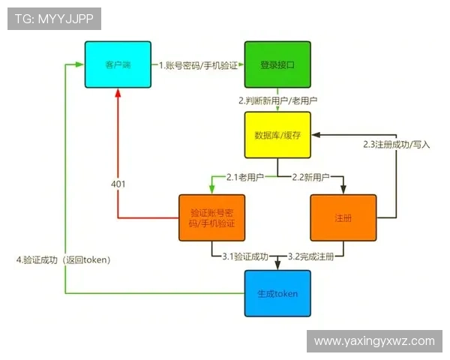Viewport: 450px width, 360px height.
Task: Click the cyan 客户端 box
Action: tap(117, 65)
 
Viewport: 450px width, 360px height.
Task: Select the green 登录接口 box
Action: tap(277, 65)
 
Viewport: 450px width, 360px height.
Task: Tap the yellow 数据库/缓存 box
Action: tap(277, 135)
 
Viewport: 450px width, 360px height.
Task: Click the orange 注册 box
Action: tap(343, 217)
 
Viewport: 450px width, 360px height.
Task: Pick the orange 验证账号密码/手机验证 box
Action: tap(211, 218)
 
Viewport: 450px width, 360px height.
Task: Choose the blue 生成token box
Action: tap(277, 293)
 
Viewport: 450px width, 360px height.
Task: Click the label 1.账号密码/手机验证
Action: tap(198, 65)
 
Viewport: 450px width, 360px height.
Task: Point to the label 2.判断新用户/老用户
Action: tap(278, 100)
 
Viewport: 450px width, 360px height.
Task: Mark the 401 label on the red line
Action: tap(118, 184)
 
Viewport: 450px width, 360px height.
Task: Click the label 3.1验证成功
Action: tap(245, 256)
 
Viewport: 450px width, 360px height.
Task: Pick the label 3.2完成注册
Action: tap(311, 256)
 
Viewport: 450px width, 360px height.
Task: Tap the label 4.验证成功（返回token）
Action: tap(64, 259)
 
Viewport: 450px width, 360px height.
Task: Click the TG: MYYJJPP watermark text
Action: tap(54, 19)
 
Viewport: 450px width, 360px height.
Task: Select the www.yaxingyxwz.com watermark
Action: tap(374, 340)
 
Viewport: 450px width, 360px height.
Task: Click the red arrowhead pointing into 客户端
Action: tap(118, 93)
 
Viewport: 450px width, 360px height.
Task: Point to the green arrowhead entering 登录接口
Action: tap(241, 65)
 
